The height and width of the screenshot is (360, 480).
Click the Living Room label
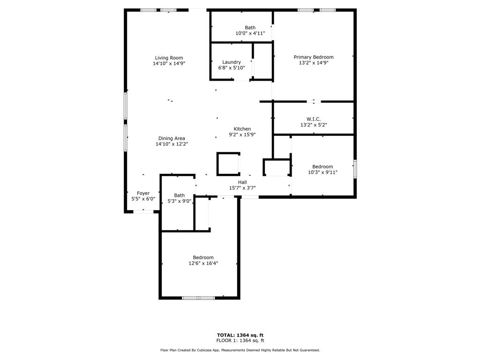pyautogui.click(x=169, y=58)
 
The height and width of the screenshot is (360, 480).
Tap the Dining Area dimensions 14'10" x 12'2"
pyautogui.click(x=172, y=144)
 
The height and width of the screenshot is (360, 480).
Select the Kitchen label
pyautogui.click(x=242, y=129)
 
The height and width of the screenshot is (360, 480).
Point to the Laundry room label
pyautogui.click(x=232, y=62)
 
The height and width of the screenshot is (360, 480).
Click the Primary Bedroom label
pyautogui.click(x=314, y=57)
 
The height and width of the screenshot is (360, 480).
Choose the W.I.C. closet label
pyautogui.click(x=314, y=119)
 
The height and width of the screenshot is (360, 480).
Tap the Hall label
pyautogui.click(x=242, y=182)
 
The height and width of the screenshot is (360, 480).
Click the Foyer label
pyautogui.click(x=143, y=193)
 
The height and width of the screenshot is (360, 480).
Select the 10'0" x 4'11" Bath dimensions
pyautogui.click(x=250, y=33)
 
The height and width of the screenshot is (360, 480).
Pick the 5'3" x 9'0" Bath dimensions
pyautogui.click(x=180, y=201)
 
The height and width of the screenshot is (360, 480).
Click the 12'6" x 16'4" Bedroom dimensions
pyautogui.click(x=203, y=263)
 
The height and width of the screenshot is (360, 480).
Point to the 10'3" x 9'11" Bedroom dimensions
pyautogui.click(x=322, y=172)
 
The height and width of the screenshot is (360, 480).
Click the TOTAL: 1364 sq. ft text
pyautogui.click(x=240, y=335)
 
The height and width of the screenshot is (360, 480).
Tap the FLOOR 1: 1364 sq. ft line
pyautogui.click(x=240, y=340)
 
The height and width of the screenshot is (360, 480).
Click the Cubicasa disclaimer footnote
pyautogui.click(x=240, y=350)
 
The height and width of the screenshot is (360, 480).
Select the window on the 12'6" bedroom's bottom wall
pyautogui.click(x=198, y=298)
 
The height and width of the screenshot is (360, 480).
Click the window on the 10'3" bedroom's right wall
pyautogui.click(x=355, y=169)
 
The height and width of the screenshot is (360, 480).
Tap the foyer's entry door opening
pyautogui.click(x=143, y=211)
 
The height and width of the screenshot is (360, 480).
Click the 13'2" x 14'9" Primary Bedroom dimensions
pyautogui.click(x=314, y=63)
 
